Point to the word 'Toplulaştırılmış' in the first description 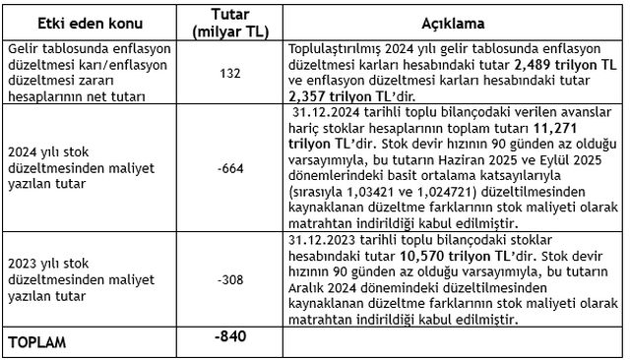pos(340,47)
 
